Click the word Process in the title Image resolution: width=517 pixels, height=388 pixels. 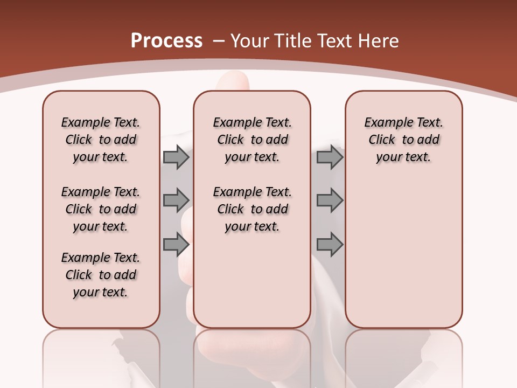click(x=166, y=41)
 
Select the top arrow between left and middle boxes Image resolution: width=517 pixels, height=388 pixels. click(x=176, y=157)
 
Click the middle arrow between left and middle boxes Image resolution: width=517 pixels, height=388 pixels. click(x=176, y=200)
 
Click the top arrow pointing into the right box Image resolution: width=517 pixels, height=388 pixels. click(x=330, y=157)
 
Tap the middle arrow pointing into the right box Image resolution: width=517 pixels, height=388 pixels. click(x=330, y=200)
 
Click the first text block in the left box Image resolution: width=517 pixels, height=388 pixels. click(x=101, y=140)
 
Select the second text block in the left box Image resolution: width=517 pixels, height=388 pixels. click(x=101, y=209)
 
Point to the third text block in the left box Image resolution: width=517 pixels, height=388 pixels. click(x=101, y=275)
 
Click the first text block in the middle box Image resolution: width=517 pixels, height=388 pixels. click(x=252, y=140)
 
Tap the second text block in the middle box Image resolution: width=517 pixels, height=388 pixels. click(x=252, y=209)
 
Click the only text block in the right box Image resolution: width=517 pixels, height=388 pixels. click(x=403, y=140)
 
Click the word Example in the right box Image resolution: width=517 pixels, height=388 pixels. click(x=385, y=123)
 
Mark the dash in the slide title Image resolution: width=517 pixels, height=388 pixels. click(x=219, y=41)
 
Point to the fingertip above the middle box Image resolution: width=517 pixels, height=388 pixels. click(x=233, y=81)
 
